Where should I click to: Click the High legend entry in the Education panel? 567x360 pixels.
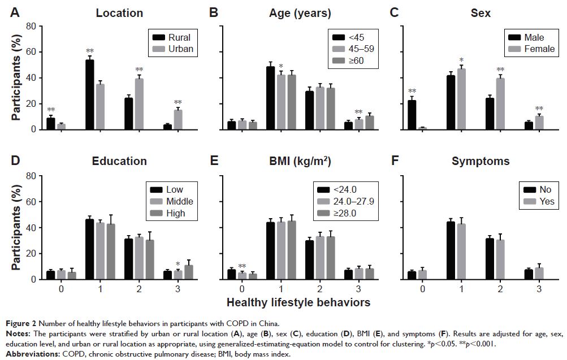pos(175,213)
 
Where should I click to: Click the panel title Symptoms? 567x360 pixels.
pos(480,162)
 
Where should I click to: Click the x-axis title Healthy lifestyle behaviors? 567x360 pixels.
pos(298,302)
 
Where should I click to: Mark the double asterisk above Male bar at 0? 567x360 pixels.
pos(412,91)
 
